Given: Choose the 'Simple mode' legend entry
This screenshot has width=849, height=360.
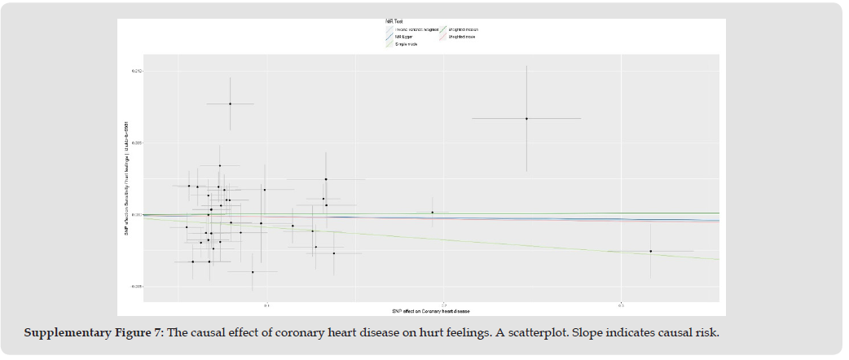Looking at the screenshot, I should click(406, 43).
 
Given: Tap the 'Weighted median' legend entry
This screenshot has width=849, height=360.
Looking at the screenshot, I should click(464, 29).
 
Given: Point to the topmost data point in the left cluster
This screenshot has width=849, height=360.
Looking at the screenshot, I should click(230, 103).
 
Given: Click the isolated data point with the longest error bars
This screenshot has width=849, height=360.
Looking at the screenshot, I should click(526, 119).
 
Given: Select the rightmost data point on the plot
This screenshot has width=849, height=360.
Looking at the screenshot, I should click(651, 251).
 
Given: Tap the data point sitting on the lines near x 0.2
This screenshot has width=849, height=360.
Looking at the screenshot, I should click(432, 213).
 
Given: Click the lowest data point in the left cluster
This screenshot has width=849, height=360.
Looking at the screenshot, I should click(253, 272).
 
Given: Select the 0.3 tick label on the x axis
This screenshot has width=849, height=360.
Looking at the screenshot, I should click(621, 305).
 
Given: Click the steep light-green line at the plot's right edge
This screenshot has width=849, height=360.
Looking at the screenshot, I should click(709, 257).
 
